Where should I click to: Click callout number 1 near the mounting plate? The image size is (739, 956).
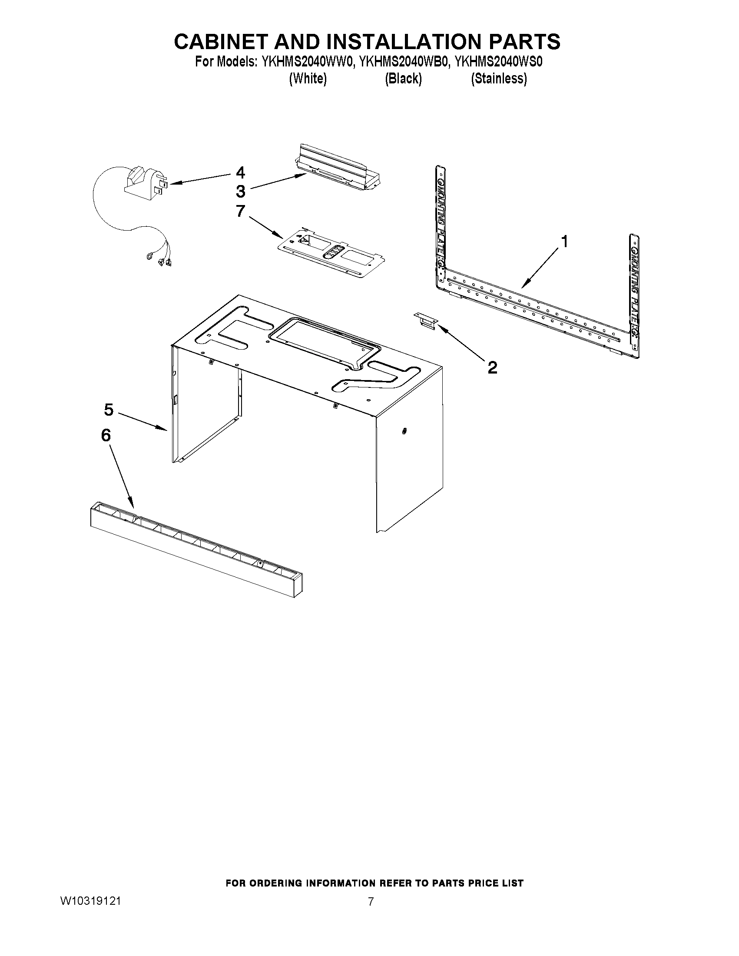564,241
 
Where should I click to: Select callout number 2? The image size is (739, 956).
493,367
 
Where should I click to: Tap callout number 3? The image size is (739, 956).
241,191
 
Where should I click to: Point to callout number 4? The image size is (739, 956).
240,172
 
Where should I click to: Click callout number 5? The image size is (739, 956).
109,410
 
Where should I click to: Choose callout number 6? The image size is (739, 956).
106,435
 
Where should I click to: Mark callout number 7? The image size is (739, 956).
240,211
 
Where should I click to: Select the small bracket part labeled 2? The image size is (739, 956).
425,321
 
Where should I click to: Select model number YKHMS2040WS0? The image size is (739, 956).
499,62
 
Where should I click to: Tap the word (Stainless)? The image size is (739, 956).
499,79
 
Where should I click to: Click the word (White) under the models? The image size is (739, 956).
308,79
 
